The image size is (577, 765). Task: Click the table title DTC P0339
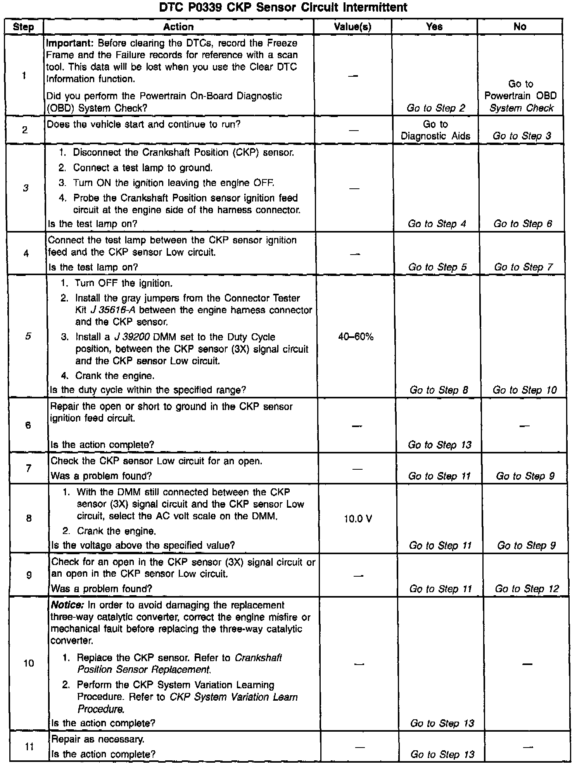(x=283, y=7)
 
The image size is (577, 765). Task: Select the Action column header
(x=178, y=27)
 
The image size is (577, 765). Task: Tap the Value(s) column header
(x=352, y=27)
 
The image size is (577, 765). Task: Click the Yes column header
(x=434, y=27)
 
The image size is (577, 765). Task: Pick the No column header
(x=520, y=27)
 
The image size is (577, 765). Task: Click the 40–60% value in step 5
(x=356, y=337)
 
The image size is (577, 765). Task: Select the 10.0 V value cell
(x=358, y=519)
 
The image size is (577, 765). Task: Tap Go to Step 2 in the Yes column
(x=435, y=108)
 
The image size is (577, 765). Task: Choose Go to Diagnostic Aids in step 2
(x=435, y=130)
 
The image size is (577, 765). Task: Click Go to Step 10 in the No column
(x=524, y=390)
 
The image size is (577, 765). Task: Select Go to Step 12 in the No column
(x=527, y=589)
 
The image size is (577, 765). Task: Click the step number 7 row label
(x=28, y=469)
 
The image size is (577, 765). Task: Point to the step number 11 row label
(x=29, y=746)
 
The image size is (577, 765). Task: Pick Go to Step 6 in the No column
(x=522, y=224)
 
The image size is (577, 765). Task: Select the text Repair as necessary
(x=98, y=739)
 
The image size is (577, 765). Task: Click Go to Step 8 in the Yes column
(x=439, y=390)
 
